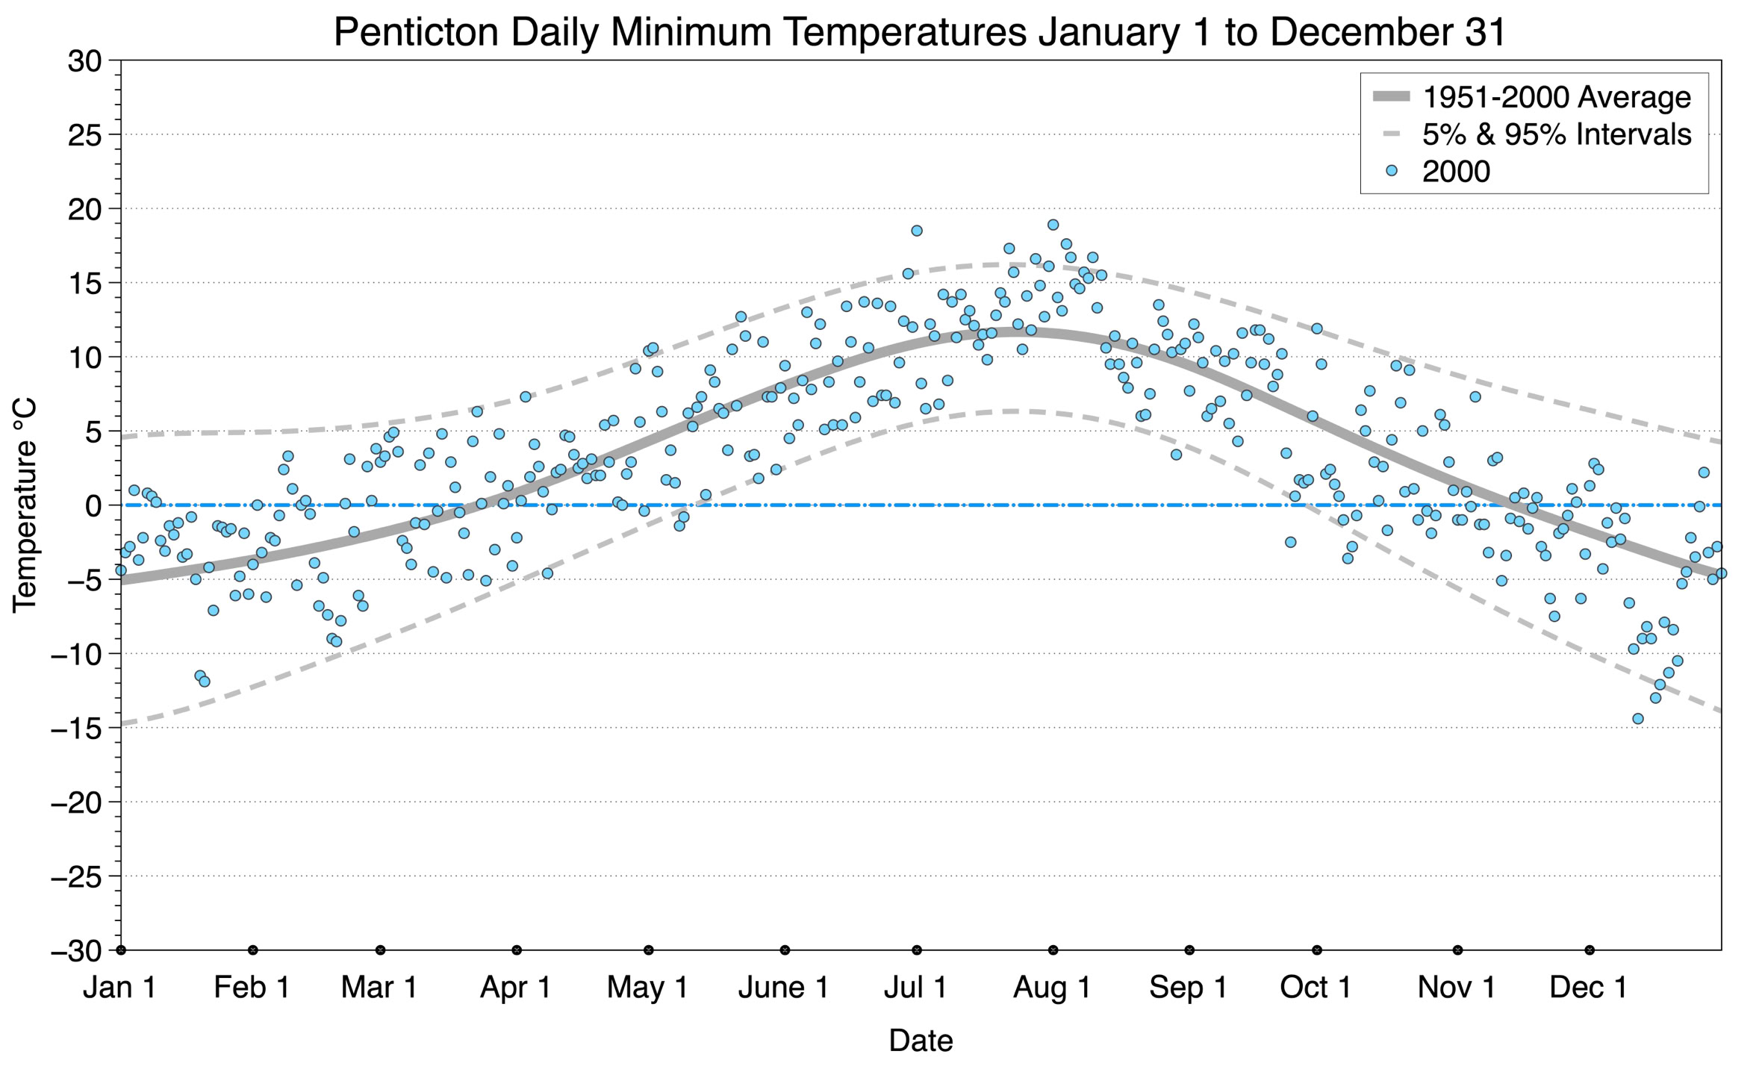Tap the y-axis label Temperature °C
click(25, 505)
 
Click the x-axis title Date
click(921, 1041)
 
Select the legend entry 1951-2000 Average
click(1556, 97)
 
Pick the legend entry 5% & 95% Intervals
click(1557, 134)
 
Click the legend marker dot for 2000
click(1391, 171)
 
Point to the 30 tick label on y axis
click(84, 61)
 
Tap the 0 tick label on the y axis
click(93, 506)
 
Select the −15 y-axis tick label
click(75, 729)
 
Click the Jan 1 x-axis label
click(120, 988)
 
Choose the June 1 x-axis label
click(784, 988)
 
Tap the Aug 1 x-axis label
click(1052, 988)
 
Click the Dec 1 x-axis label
click(1589, 988)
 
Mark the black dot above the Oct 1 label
click(1317, 950)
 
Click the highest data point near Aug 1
click(1053, 225)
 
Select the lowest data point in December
click(1638, 719)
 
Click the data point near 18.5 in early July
click(917, 231)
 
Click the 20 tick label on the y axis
click(84, 210)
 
